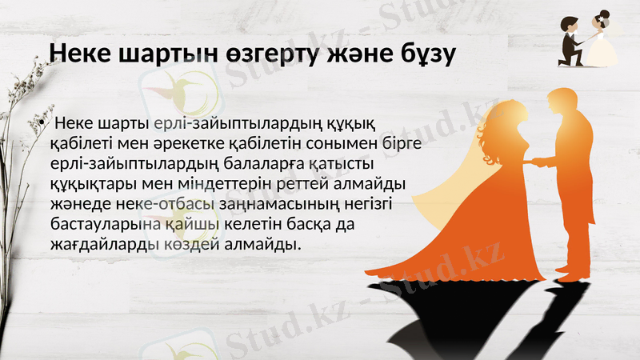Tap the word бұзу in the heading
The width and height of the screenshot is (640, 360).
pyautogui.click(x=422, y=53)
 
